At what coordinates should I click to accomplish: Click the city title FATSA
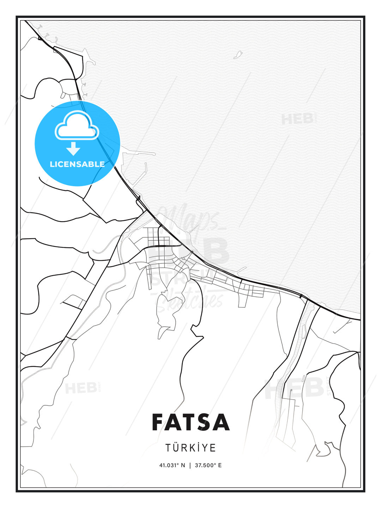190,422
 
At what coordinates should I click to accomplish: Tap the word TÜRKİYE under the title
190,448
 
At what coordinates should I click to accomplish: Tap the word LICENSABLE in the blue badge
77,164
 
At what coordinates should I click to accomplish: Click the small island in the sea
238,55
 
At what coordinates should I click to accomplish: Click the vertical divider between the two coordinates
190,465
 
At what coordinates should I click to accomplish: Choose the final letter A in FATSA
221,422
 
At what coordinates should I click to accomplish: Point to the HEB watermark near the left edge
81,388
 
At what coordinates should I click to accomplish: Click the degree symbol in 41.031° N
177,464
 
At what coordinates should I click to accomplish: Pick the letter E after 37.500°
220,465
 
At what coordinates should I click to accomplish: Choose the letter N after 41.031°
183,465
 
